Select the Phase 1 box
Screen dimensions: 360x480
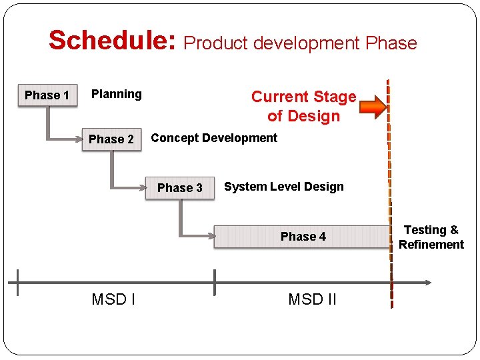[x=47, y=95]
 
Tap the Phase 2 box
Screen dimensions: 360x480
[x=111, y=139]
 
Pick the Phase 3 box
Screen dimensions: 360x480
[x=179, y=188]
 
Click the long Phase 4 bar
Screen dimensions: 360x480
[x=303, y=237]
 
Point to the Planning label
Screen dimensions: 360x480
[x=117, y=94]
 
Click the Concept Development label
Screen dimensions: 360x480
[x=214, y=138]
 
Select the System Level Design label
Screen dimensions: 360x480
[x=284, y=187]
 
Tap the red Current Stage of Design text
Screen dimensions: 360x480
[x=303, y=106]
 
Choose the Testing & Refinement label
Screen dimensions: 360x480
[x=431, y=237]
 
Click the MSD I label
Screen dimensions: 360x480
[x=113, y=299]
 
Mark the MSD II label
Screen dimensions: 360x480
[x=312, y=299]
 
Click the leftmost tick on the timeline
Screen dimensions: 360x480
[x=18, y=283]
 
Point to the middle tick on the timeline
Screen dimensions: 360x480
[x=215, y=283]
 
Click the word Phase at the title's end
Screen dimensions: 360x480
[x=391, y=43]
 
